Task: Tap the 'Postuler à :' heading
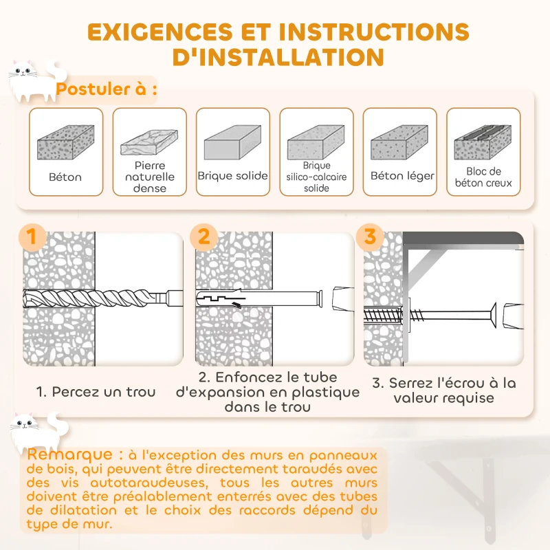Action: (x=107, y=89)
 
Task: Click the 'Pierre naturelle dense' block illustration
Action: (x=149, y=143)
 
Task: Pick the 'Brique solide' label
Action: (x=232, y=176)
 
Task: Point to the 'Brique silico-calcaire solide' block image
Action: (x=316, y=144)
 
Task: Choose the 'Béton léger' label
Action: (x=402, y=176)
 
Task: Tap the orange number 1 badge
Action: (x=31, y=237)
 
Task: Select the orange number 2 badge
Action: (x=203, y=237)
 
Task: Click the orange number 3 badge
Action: (x=370, y=237)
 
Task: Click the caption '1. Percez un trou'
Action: (x=96, y=392)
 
